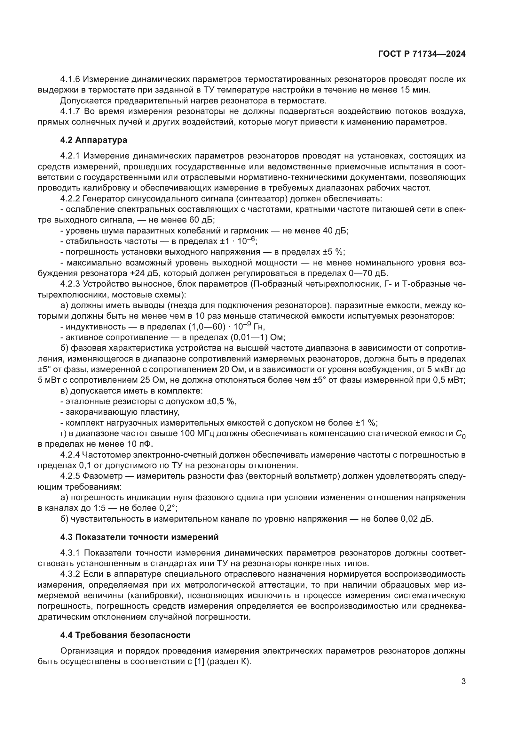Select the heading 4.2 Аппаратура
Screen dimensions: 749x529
click(x=93, y=140)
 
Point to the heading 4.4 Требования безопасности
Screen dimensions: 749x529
click(x=125, y=635)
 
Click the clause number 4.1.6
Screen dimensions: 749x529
click(x=70, y=79)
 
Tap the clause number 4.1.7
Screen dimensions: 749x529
click(x=70, y=111)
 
